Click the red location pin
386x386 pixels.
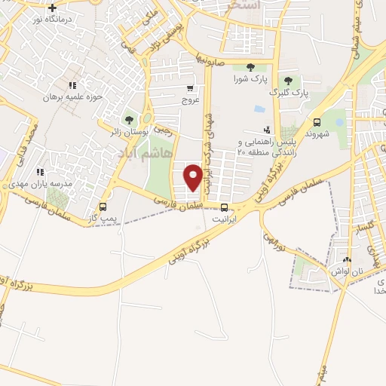click(194, 176)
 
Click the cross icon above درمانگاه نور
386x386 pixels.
click(51, 8)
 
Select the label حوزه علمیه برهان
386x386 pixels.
click(71, 97)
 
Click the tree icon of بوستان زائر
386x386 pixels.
click(130, 119)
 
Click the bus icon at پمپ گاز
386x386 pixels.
click(103, 206)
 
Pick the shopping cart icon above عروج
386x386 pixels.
click(191, 87)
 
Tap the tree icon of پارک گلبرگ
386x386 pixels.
click(287, 81)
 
